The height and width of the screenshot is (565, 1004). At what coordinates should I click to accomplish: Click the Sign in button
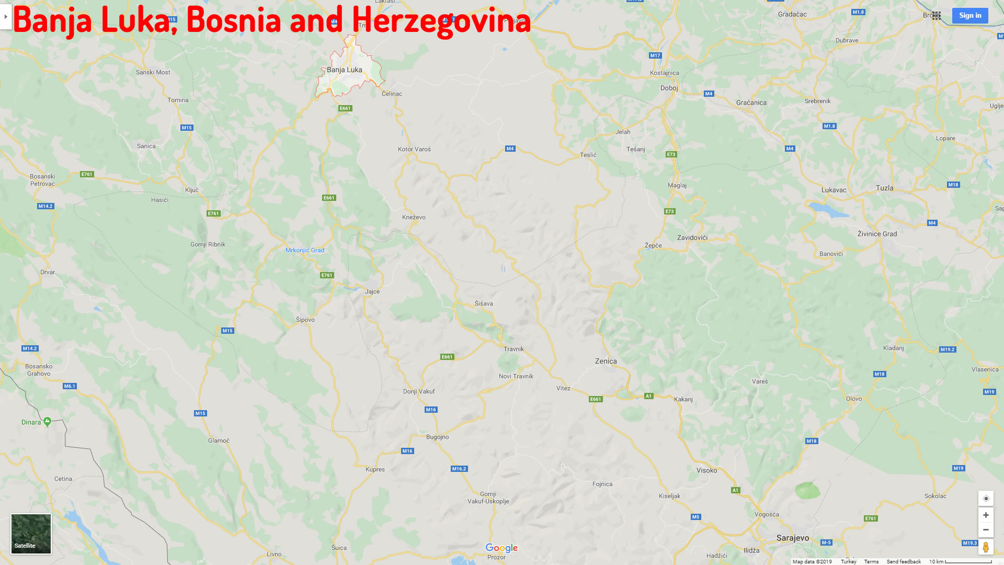coord(970,16)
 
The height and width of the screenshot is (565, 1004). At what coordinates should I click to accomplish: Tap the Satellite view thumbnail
coord(31,534)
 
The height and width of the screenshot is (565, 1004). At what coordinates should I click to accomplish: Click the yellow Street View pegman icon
coord(986,547)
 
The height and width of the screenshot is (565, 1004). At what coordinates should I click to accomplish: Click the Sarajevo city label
coord(792,538)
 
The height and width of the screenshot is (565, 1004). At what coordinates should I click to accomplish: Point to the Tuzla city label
coord(885,188)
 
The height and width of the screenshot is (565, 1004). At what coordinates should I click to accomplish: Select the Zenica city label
coord(606,361)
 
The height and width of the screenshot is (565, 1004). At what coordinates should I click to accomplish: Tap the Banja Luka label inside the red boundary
coord(344,70)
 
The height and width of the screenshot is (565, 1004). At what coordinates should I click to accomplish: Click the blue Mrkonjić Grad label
coord(305,250)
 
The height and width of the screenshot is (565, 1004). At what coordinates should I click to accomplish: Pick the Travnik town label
coord(514,349)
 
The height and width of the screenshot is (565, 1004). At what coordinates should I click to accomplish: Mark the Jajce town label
coord(372,291)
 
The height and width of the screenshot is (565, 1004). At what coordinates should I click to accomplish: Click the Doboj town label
coord(669,88)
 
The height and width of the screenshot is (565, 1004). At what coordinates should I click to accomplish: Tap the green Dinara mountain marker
coord(47,421)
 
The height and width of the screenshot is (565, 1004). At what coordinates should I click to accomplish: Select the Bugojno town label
coord(437,437)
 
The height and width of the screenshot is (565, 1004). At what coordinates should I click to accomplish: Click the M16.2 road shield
coord(459,469)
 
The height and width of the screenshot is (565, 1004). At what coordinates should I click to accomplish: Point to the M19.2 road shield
coord(947,349)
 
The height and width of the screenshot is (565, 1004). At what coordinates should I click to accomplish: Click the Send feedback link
coord(904,561)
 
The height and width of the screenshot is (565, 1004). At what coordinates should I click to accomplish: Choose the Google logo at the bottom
coord(501,548)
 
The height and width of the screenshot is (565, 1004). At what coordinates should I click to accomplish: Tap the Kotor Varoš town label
coord(414,149)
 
